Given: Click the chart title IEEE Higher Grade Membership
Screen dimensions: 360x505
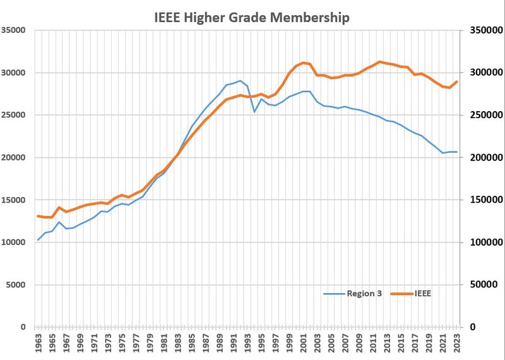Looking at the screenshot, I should pos(252,17).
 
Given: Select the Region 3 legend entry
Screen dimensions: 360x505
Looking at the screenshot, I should pos(353,294).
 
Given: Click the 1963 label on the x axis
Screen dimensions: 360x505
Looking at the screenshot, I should pos(39,344).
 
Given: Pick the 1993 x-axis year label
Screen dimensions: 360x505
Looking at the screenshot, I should pos(247,344).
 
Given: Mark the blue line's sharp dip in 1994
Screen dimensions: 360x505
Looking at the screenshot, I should pos(254,112).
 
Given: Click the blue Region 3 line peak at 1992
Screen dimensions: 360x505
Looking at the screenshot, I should pos(241,81).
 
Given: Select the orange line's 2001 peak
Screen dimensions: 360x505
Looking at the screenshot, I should pos(303,63).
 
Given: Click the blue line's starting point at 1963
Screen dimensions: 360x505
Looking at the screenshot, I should pos(39,239).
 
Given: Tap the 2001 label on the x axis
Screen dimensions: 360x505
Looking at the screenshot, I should pos(303,344).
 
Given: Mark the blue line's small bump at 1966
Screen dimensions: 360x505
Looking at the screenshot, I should pos(59,222).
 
